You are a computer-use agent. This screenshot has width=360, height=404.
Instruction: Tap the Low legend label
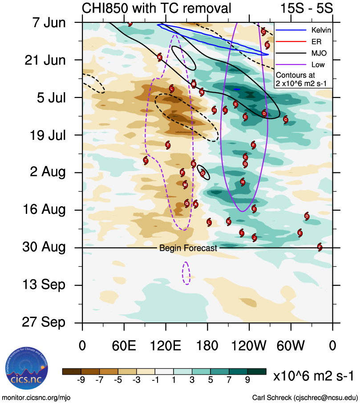click(311, 64)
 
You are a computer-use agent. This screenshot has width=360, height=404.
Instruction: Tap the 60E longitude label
click(124, 345)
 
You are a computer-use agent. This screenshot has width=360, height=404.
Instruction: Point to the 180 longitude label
click(207, 345)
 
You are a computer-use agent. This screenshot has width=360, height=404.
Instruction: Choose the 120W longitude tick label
click(249, 345)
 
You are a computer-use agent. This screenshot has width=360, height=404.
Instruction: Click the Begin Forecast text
click(188, 248)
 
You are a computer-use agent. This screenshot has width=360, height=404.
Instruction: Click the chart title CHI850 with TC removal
click(157, 8)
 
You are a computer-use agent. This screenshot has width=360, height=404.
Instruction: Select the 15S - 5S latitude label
click(307, 8)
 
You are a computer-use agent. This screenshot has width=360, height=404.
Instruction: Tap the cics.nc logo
click(26, 368)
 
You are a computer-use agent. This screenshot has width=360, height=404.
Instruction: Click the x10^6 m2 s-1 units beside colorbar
click(313, 376)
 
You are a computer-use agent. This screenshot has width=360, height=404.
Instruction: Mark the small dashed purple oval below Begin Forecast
click(186, 273)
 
